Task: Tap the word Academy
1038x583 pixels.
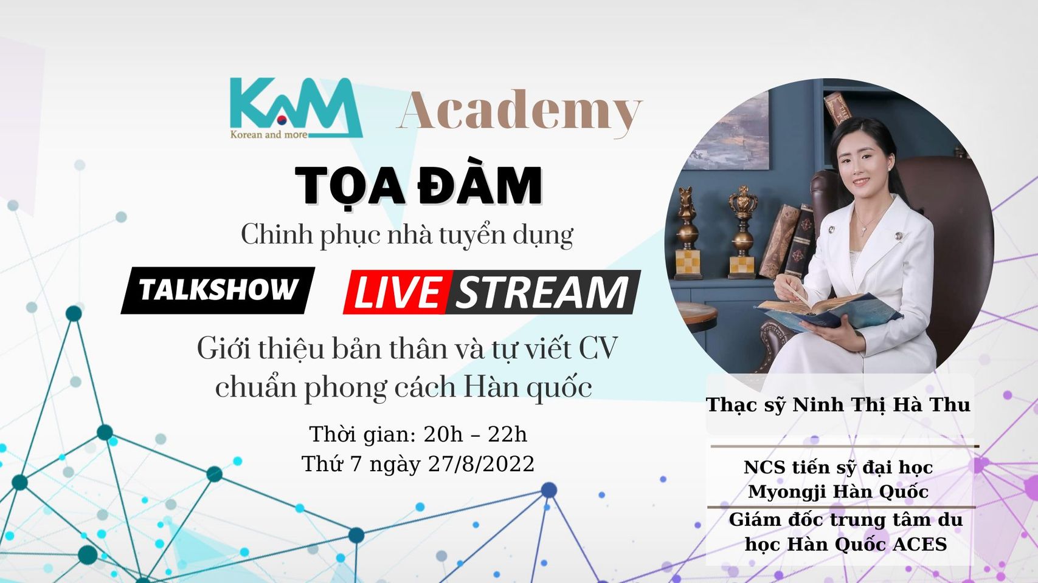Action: click(x=519, y=111)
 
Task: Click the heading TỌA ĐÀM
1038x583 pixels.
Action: click(x=418, y=185)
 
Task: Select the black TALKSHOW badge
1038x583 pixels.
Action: click(x=218, y=290)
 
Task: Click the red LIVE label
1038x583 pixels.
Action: click(x=397, y=293)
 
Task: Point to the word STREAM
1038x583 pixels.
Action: click(x=542, y=293)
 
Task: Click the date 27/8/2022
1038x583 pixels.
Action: click(x=481, y=464)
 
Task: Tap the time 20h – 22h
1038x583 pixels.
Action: click(x=475, y=434)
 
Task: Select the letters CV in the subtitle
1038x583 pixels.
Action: click(x=598, y=349)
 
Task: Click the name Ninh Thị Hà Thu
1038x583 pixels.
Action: click(x=881, y=404)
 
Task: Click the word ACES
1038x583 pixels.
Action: click(x=919, y=544)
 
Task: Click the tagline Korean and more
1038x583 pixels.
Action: click(x=269, y=134)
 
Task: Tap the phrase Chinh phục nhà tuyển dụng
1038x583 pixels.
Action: click(x=407, y=234)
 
